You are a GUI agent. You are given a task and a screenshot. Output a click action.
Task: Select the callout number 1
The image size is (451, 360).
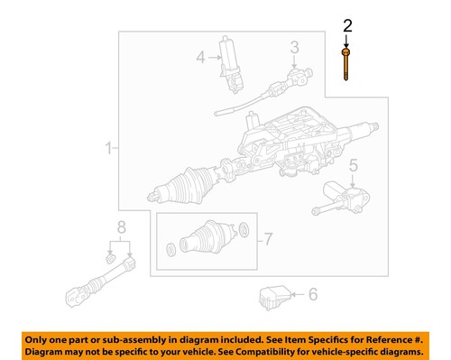click(x=109, y=147)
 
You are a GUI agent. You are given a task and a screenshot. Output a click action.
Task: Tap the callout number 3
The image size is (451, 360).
click(x=293, y=47)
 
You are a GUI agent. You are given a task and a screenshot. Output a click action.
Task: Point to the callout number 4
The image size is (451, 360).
click(x=202, y=58)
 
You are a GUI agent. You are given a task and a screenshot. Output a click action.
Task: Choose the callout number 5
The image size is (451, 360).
click(x=354, y=165)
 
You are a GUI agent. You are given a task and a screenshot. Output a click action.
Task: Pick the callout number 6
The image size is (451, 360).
click(x=313, y=293)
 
